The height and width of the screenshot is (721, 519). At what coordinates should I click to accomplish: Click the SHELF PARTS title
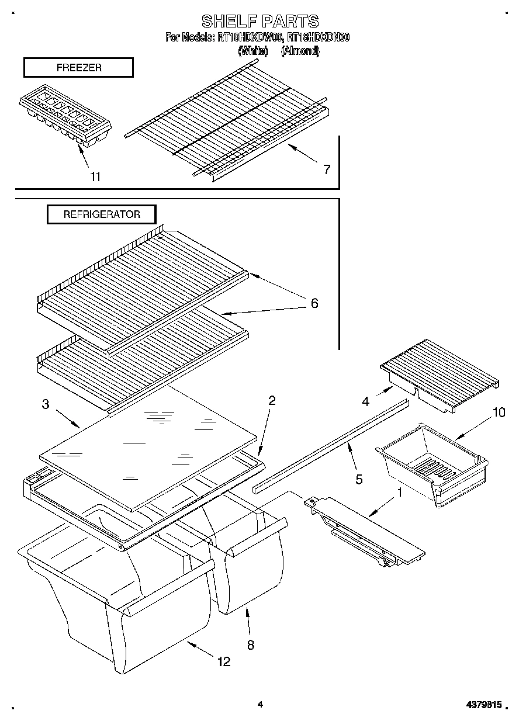[260, 22]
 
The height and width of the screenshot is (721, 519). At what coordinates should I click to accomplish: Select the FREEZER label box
[78, 68]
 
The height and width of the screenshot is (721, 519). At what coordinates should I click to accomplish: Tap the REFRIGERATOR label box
[102, 214]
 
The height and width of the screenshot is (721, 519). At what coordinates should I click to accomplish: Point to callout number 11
[95, 176]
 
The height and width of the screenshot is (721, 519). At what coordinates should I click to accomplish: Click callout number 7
[326, 169]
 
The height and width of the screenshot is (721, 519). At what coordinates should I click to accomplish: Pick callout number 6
[314, 303]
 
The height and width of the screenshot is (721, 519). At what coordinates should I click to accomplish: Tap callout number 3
[46, 404]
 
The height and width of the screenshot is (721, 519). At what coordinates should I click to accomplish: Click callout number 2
[272, 400]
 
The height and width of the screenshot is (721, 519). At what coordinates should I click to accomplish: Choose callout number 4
[365, 401]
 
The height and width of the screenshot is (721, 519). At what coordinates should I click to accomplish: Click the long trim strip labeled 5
[330, 445]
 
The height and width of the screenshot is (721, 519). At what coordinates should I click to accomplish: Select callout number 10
[498, 413]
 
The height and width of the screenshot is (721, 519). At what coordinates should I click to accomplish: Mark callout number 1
[400, 493]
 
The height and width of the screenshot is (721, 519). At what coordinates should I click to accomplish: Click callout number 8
[250, 646]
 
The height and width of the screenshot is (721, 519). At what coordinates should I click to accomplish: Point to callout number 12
[223, 661]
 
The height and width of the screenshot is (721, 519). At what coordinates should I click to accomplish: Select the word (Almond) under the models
[300, 51]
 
